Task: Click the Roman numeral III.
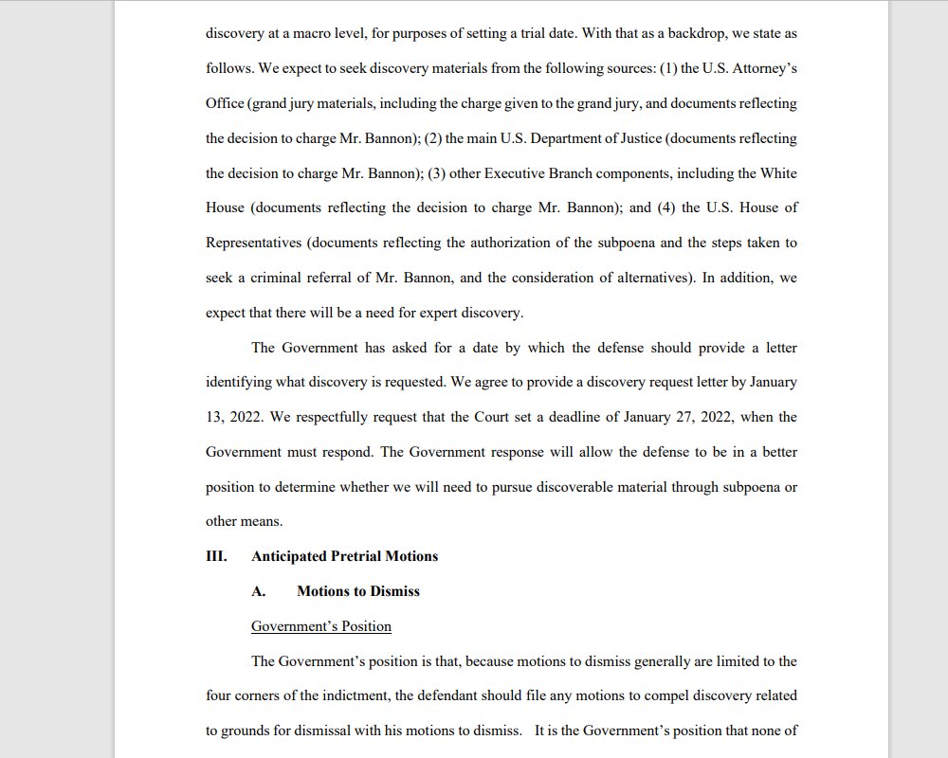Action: [x=216, y=556]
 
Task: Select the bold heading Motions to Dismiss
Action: [x=357, y=591]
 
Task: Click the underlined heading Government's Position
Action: [x=321, y=626]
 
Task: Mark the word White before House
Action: [x=778, y=173]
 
